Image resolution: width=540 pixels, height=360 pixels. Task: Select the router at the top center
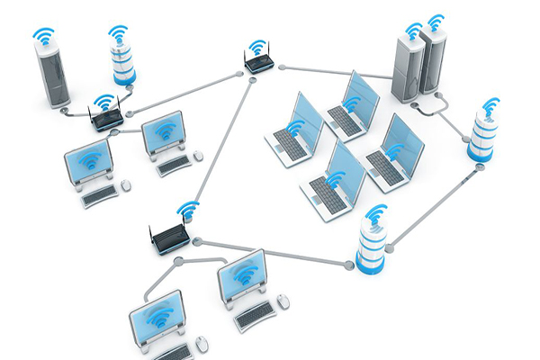click(x=258, y=63)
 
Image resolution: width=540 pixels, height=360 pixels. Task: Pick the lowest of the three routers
click(x=170, y=238)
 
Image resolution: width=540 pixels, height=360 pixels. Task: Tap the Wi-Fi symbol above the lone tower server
click(x=42, y=37)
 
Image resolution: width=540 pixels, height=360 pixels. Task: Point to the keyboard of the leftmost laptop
click(x=288, y=140)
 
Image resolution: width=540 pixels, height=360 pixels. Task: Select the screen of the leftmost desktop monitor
click(x=88, y=162)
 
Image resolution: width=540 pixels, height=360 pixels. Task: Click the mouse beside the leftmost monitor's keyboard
click(x=125, y=184)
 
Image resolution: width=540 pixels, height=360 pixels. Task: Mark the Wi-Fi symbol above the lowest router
click(x=187, y=210)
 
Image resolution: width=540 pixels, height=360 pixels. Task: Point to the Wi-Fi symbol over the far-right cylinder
click(x=490, y=107)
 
